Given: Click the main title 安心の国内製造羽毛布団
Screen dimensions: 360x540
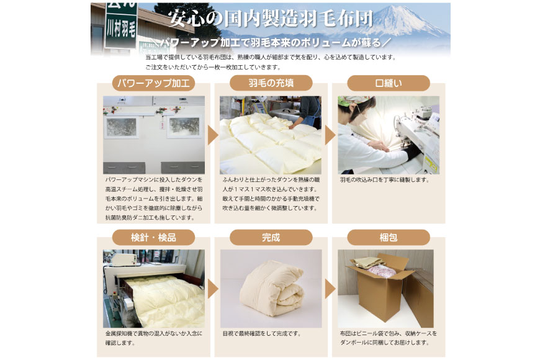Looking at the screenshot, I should coord(271,18).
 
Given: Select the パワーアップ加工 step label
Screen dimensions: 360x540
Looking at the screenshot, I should coord(153,83).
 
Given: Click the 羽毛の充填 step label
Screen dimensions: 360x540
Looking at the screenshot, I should coord(271,83).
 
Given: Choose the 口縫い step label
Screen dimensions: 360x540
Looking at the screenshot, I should coord(388,83).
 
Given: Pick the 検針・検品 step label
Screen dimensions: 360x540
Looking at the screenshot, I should coord(153,237).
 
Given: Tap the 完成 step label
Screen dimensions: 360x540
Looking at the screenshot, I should coord(271,237).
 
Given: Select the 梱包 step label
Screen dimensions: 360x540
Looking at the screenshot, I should coord(388,237).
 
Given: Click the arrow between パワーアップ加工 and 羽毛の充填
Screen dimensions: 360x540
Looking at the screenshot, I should coord(212,135).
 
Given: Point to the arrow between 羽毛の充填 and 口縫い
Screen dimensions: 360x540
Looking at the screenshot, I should coord(330,135).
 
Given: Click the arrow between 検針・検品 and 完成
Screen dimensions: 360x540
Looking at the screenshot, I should coord(212,289).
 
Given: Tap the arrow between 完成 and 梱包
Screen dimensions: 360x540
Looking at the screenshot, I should coord(330,289).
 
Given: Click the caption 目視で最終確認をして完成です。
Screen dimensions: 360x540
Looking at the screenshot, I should coord(261,333).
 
